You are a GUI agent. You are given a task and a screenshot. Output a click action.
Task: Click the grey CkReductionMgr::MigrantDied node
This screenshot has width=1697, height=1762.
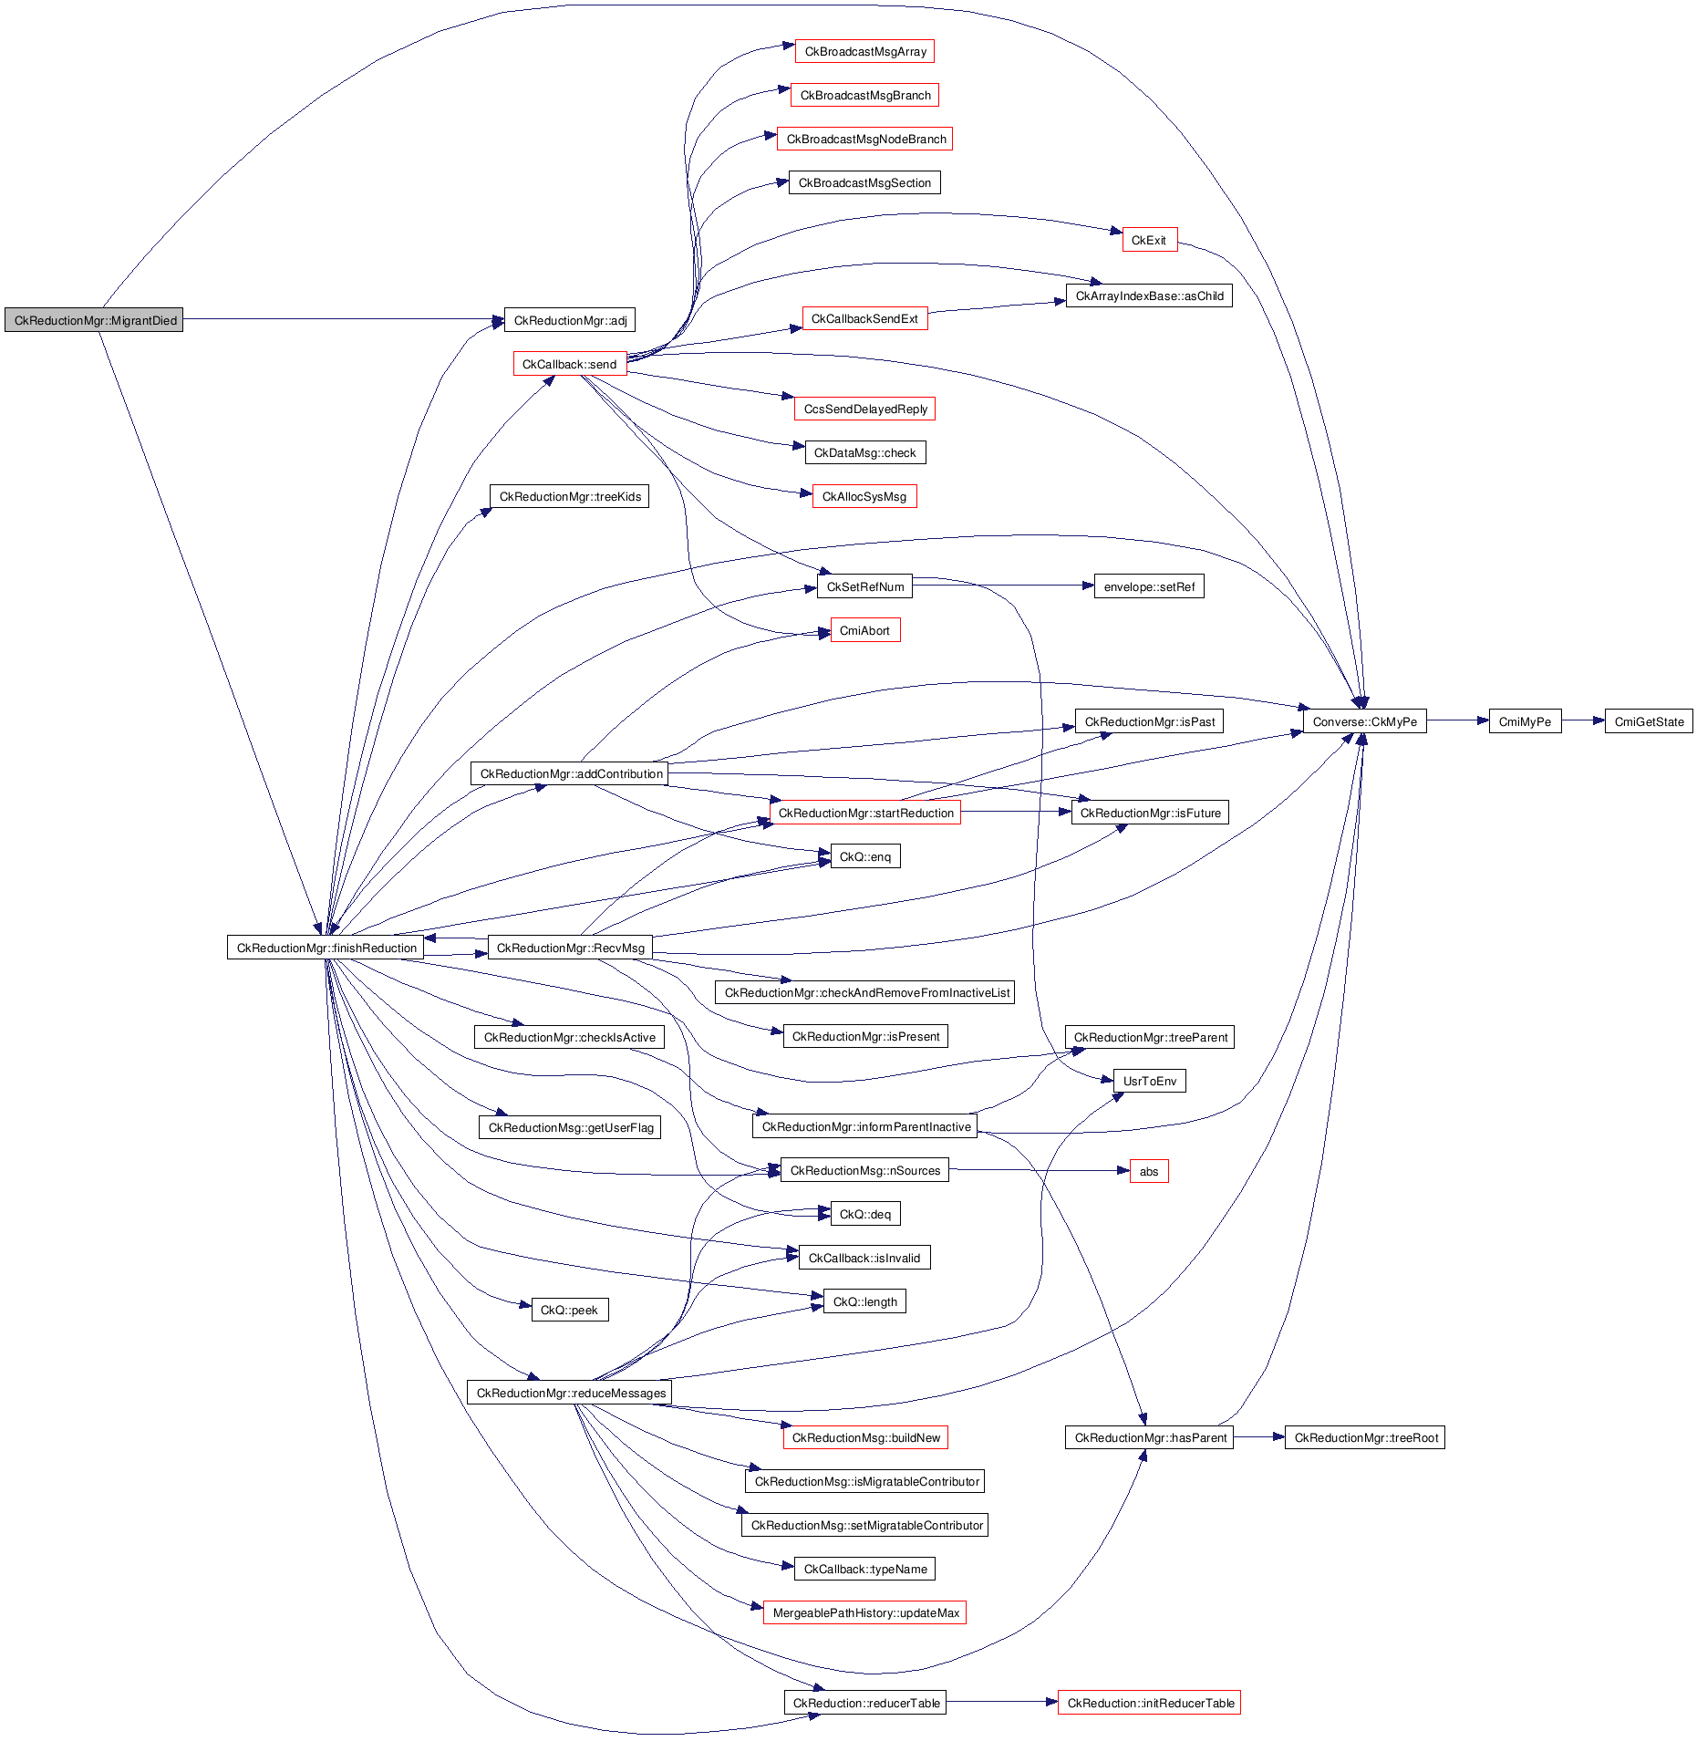click(x=94, y=320)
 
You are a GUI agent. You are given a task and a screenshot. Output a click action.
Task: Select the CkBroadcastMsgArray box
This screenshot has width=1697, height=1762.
click(x=864, y=51)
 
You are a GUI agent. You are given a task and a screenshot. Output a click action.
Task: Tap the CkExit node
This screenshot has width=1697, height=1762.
click(x=1149, y=240)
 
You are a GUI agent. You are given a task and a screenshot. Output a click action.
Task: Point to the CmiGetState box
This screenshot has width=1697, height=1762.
click(x=1649, y=721)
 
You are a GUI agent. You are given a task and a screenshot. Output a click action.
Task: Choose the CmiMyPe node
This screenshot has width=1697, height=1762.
click(x=1525, y=721)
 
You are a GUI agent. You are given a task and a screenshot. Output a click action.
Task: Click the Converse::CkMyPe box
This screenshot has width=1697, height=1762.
click(x=1364, y=721)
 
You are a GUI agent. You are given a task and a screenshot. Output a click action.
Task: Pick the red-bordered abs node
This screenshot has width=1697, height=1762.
click(x=1149, y=1171)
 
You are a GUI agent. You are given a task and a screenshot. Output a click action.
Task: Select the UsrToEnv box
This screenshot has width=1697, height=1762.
click(x=1149, y=1081)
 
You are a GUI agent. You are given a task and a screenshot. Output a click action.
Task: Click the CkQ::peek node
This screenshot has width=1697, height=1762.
click(x=569, y=1310)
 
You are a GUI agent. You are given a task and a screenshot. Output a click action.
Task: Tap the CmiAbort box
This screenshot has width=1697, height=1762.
click(x=864, y=630)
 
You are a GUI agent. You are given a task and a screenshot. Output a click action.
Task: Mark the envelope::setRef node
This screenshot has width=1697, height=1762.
click(x=1149, y=586)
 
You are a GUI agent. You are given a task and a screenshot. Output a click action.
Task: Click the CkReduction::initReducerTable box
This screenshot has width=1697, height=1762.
click(x=1149, y=1703)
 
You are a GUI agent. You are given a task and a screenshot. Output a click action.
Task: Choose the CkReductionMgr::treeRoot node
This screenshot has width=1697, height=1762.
click(x=1365, y=1437)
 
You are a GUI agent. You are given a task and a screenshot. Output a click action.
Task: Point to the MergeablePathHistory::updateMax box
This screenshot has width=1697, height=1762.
click(x=864, y=1612)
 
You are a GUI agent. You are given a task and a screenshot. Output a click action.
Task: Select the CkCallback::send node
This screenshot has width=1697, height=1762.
click(x=569, y=364)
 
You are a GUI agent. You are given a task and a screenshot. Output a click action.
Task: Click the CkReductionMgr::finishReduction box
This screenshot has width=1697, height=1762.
click(x=326, y=948)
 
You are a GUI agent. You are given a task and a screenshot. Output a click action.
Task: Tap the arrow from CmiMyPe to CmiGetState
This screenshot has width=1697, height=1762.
click(x=1583, y=720)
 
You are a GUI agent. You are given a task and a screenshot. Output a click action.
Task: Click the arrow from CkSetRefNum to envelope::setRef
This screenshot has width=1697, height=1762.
click(x=1003, y=586)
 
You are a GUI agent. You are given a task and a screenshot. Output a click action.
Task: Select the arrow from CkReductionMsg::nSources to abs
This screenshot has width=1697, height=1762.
click(x=1040, y=1170)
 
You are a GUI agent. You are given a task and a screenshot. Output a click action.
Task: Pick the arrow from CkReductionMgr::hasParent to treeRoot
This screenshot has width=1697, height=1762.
click(x=1258, y=1436)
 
